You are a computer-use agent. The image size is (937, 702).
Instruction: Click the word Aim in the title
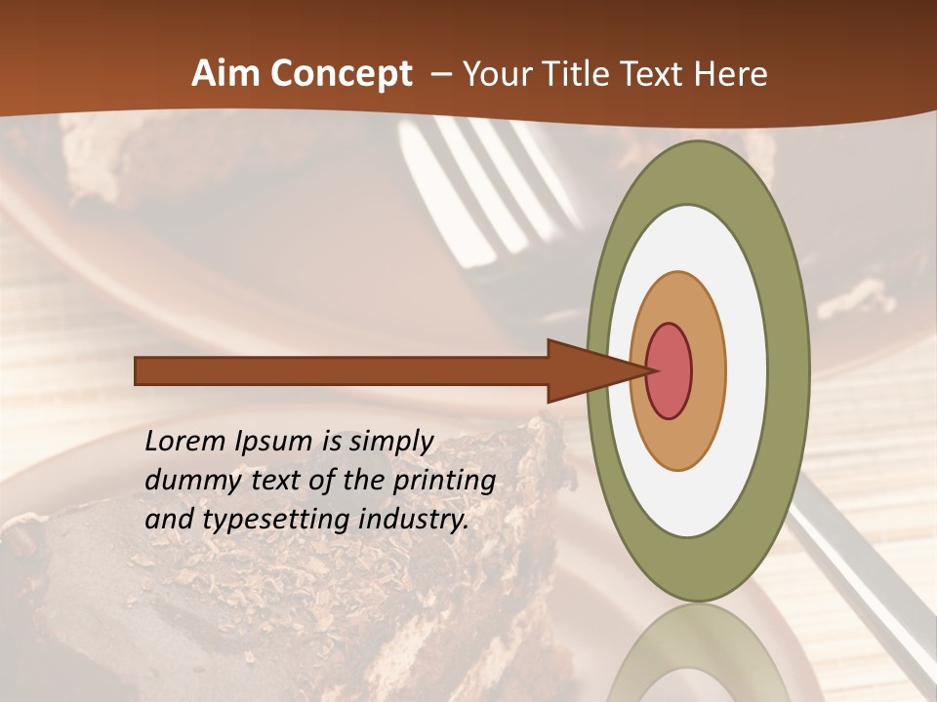pos(226,74)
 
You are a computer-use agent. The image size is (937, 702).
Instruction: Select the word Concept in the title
pos(342,74)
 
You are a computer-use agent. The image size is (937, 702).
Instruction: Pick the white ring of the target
pos(746,370)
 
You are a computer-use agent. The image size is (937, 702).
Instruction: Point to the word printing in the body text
pos(444,482)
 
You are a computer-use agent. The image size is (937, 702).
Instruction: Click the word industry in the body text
pos(414,521)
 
